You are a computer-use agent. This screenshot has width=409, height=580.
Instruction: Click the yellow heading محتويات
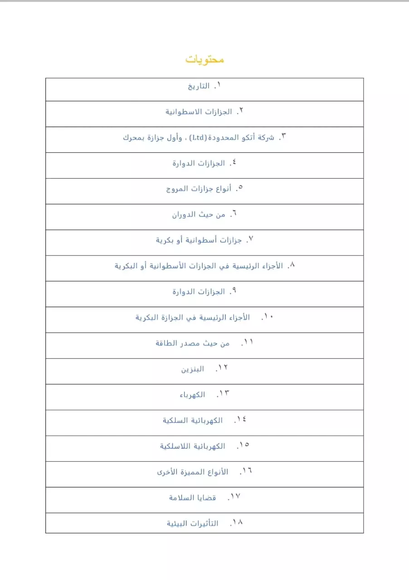click(x=204, y=59)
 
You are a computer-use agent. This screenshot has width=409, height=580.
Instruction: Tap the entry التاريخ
click(x=199, y=86)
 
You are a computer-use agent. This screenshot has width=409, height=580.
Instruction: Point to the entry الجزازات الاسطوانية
click(x=199, y=112)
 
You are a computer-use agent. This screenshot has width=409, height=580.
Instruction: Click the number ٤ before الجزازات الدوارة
click(x=234, y=162)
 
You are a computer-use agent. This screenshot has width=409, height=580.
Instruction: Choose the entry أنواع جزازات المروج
click(x=199, y=189)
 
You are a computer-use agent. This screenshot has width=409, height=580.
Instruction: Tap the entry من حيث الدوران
click(x=199, y=215)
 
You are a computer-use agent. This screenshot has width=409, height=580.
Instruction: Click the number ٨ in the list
click(x=292, y=265)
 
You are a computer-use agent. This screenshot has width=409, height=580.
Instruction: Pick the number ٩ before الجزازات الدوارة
click(x=234, y=291)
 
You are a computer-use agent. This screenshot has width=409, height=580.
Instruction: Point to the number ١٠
click(x=268, y=317)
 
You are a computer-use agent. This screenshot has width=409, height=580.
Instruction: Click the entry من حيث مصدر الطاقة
click(x=192, y=343)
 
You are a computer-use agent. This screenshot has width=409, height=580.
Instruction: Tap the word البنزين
click(x=192, y=369)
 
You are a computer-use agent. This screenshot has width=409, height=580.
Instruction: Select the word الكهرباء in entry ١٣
click(x=192, y=395)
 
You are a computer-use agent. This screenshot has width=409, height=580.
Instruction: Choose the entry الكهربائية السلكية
click(x=193, y=421)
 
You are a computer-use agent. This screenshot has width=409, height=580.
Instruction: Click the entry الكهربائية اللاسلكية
click(x=192, y=447)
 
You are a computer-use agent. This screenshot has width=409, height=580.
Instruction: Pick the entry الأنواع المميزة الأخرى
click(x=193, y=473)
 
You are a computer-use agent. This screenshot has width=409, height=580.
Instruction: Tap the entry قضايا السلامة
click(x=192, y=498)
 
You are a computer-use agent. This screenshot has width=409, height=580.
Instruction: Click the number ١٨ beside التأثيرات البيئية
click(x=237, y=522)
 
